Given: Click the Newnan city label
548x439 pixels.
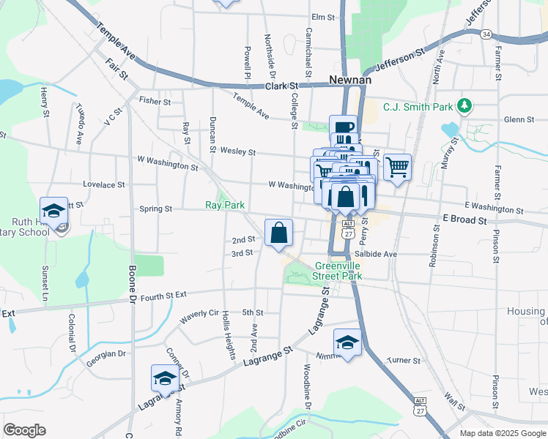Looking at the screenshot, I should click(351, 80).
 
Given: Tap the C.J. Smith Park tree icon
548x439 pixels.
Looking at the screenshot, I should click(463, 106).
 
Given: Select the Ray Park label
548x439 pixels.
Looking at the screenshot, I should click(224, 206).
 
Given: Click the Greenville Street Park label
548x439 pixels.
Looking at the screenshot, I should click(339, 271).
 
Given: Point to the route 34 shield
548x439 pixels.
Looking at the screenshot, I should click(486, 34).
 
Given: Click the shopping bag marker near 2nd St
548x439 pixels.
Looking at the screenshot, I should click(278, 233).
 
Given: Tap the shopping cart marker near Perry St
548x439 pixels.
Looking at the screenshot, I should click(397, 168).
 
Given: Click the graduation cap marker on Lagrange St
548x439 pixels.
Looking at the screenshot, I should click(166, 378).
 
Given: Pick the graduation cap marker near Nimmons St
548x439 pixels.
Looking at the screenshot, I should click(347, 342).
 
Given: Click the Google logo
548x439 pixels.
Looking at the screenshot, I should click(25, 429).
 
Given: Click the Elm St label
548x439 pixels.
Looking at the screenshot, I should click(322, 16).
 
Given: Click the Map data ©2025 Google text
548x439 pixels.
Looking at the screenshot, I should click(503, 433).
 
